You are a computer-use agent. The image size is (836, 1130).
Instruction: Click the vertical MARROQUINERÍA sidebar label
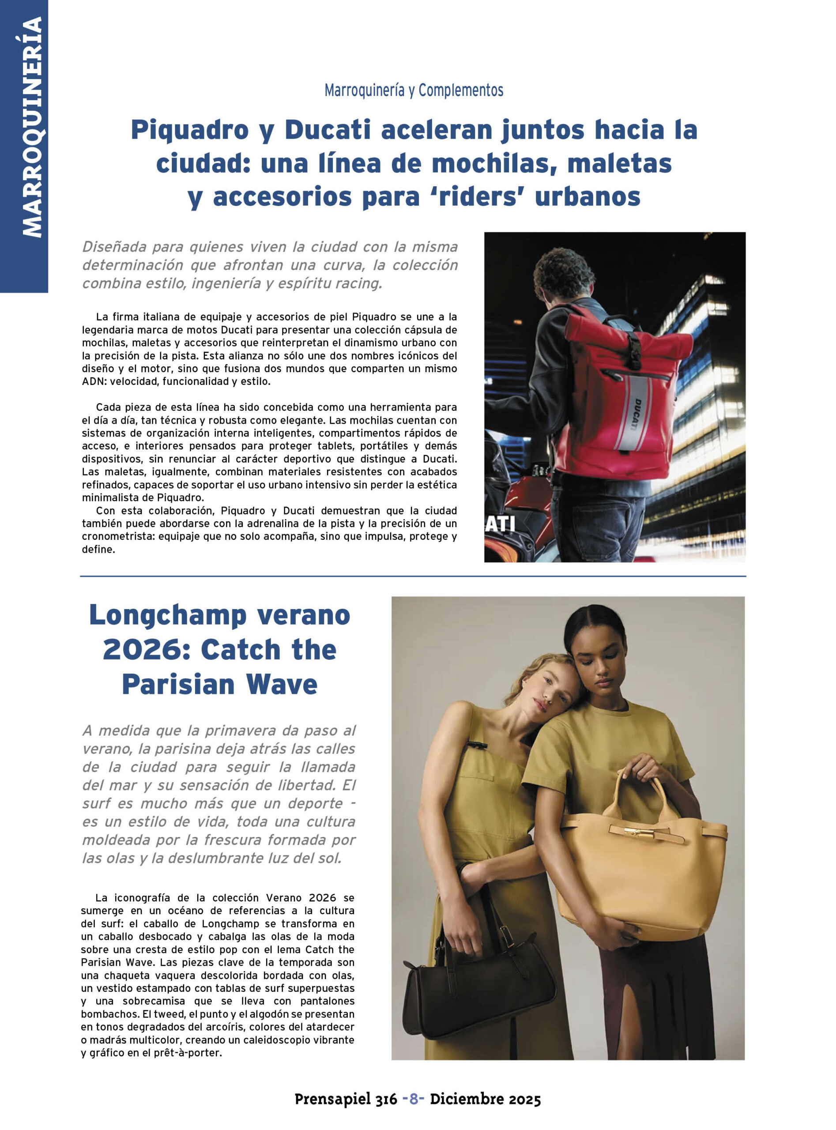pyautogui.click(x=31, y=127)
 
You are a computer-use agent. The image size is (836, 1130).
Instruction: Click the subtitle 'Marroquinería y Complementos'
pyautogui.click(x=414, y=90)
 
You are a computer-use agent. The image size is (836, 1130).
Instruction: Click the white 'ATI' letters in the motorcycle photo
pyautogui.click(x=500, y=524)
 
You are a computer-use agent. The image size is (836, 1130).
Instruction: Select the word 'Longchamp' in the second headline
pyautogui.click(x=167, y=616)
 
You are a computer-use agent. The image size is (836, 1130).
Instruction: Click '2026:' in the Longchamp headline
pyautogui.click(x=146, y=650)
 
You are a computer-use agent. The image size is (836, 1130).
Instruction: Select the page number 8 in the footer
pyautogui.click(x=414, y=1099)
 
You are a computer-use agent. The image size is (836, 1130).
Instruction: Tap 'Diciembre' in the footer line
pyautogui.click(x=467, y=1099)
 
